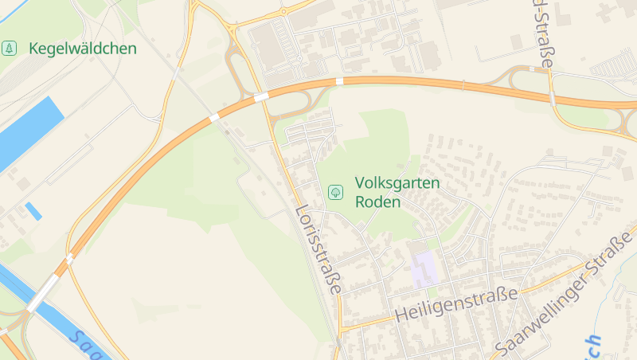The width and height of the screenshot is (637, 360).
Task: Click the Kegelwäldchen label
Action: (83, 49)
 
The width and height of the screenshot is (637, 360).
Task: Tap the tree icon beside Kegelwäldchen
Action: (10, 49)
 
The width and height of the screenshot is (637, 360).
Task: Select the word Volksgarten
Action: (397, 183)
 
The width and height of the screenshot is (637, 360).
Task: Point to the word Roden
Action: (378, 202)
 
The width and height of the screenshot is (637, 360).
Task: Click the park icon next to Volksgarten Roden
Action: (336, 192)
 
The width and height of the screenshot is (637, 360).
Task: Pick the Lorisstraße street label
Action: (318, 250)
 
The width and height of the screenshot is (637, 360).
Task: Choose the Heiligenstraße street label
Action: (456, 303)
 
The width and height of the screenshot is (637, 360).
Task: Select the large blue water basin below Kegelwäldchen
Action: (29, 131)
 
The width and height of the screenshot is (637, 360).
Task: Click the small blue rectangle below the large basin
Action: (33, 211)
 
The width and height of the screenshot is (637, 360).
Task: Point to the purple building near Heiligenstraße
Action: (424, 268)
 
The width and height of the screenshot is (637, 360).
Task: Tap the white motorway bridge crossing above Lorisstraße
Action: (261, 97)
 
